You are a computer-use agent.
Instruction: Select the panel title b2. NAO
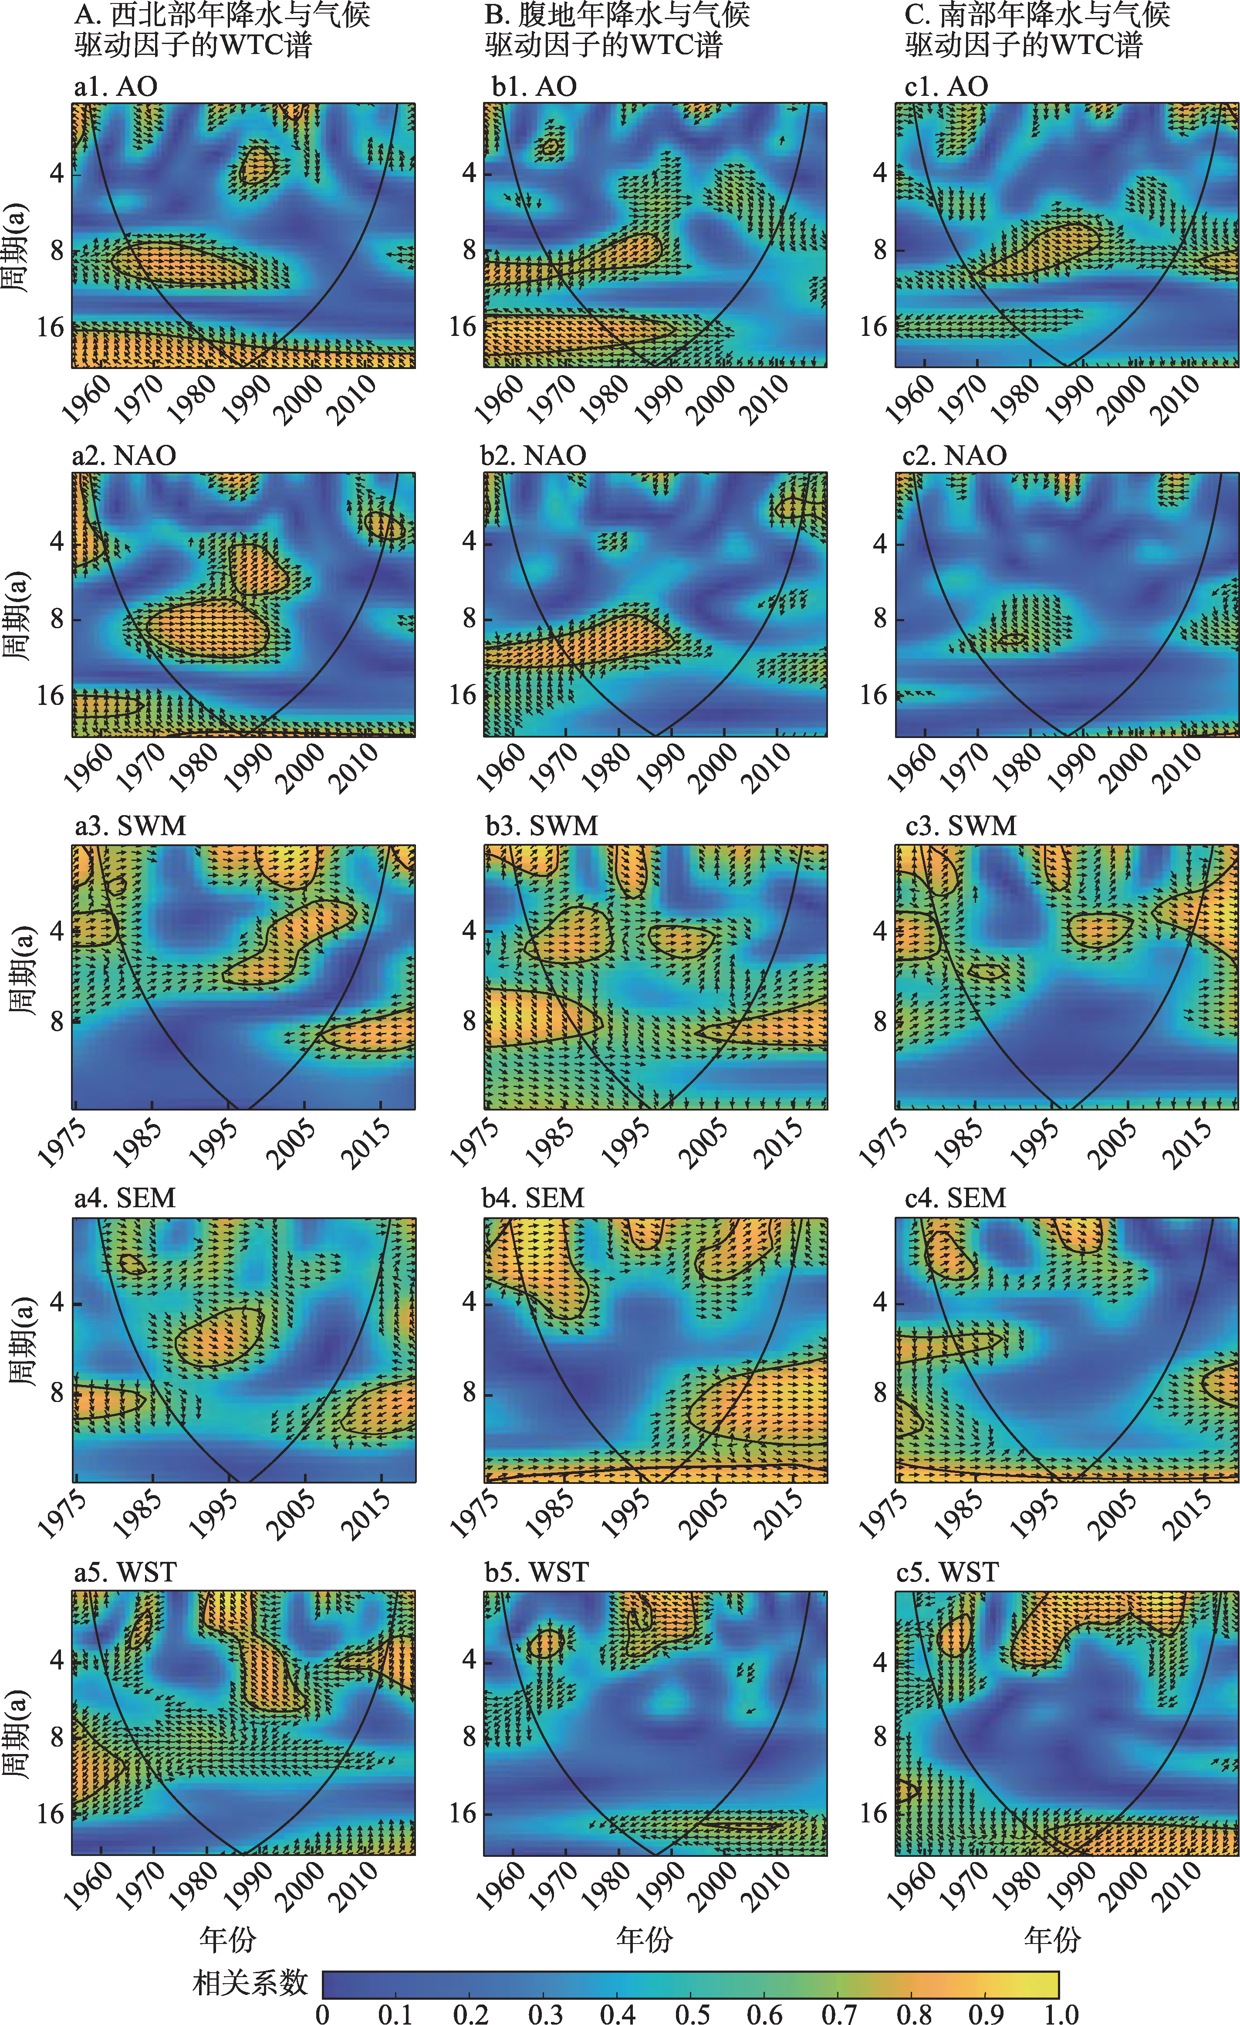click(533, 455)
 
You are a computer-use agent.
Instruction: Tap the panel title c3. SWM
click(961, 825)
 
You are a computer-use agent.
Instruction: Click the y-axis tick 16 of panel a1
click(50, 327)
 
